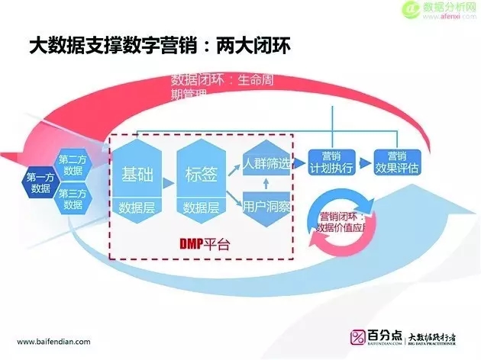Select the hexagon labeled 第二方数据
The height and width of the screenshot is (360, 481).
click(x=73, y=166)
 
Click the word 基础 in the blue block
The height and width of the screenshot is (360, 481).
click(x=137, y=173)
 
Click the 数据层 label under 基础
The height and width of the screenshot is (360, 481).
click(x=137, y=207)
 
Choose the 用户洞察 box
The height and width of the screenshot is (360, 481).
click(x=266, y=206)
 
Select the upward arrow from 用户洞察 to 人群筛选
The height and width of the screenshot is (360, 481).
click(x=266, y=185)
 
